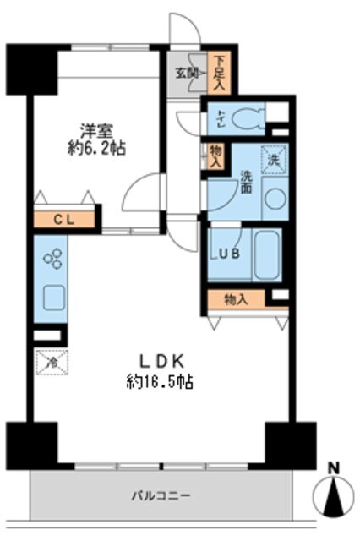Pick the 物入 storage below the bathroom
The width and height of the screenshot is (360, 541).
click(x=237, y=298)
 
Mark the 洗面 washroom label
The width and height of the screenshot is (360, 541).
click(x=246, y=183)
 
